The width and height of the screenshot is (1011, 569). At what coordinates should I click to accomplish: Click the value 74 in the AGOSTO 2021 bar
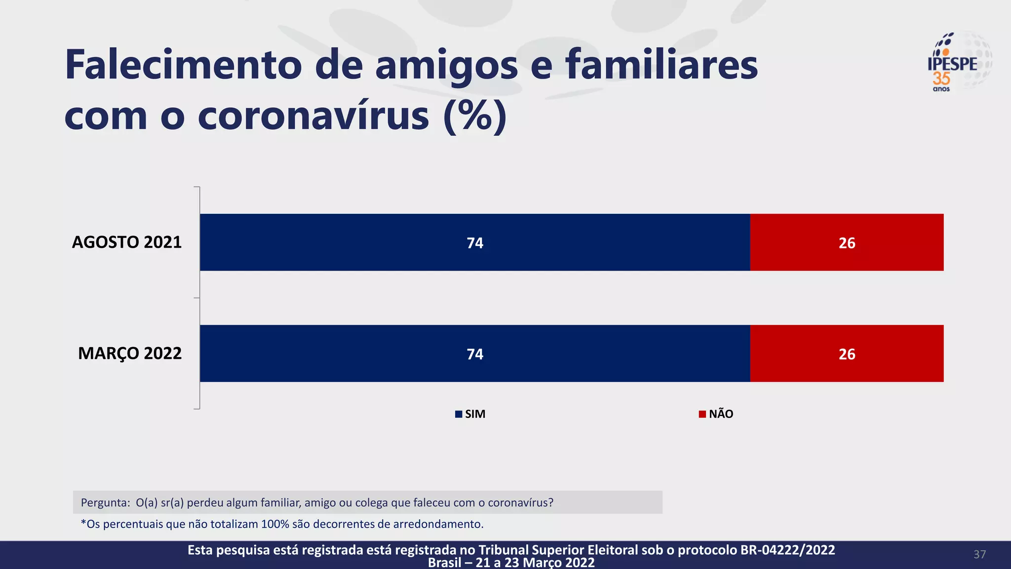point(475,243)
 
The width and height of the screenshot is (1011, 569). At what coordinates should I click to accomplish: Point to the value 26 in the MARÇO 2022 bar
point(847,354)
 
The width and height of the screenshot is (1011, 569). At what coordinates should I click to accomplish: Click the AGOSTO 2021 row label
point(127,242)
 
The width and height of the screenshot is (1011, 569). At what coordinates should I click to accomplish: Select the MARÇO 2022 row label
point(130,354)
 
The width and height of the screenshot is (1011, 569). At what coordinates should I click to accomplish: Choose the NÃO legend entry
point(716,414)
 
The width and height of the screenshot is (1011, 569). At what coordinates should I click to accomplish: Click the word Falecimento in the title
point(183,65)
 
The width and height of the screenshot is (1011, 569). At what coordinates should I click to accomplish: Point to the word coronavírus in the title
point(313,117)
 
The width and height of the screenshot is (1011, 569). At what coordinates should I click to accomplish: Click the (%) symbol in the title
point(475,117)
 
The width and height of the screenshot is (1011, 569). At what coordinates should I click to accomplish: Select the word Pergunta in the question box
point(104,503)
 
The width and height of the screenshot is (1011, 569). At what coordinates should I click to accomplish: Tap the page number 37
point(979,554)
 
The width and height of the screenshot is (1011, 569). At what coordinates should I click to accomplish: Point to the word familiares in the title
point(661,65)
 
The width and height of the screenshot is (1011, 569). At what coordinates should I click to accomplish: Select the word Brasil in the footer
point(444,563)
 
